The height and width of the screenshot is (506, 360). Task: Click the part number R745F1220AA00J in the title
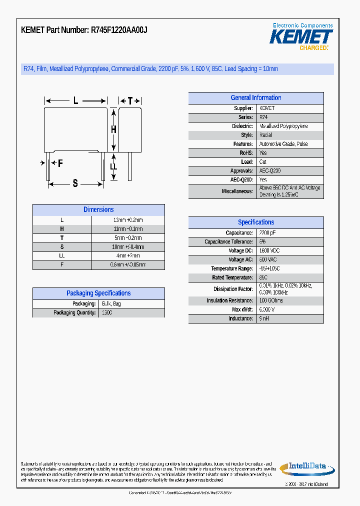(x=119, y=30)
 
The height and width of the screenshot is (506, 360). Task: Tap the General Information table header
(x=255, y=98)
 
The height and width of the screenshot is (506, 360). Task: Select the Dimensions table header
(x=98, y=210)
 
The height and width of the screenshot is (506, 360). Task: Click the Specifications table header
(x=255, y=222)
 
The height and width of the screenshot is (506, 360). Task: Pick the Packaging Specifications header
(x=98, y=293)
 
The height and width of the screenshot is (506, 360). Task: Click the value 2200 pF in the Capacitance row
(x=267, y=233)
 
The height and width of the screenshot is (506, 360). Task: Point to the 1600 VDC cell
(x=268, y=251)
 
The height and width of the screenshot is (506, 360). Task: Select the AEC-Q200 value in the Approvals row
(x=269, y=171)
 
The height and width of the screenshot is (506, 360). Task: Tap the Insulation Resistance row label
(x=229, y=300)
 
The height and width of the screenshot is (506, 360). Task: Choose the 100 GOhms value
(x=271, y=300)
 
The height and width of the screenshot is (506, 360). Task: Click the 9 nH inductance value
(x=264, y=318)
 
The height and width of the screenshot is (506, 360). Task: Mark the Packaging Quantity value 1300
(x=106, y=313)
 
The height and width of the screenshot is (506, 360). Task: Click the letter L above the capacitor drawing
(x=76, y=100)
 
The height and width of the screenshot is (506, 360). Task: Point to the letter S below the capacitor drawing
(x=75, y=183)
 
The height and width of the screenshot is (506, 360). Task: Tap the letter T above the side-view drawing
(x=130, y=100)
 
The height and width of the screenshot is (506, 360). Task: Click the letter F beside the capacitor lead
(x=60, y=163)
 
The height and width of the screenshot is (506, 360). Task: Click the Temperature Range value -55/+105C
(x=270, y=268)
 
